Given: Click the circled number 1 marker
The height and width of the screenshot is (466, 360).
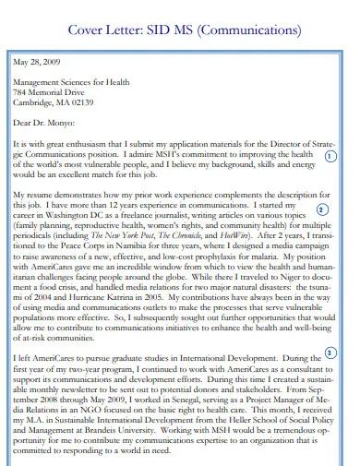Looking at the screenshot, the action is coord(330,156).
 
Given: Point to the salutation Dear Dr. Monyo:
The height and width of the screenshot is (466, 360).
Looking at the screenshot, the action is coord(44,123).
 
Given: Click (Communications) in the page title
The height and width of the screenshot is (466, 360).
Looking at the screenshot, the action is coord(249,30).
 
